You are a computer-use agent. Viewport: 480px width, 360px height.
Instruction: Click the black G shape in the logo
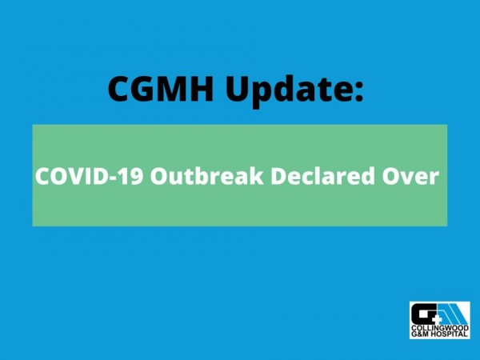(x=422, y=314)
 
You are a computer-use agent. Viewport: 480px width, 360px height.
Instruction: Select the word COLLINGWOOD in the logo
(x=438, y=329)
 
